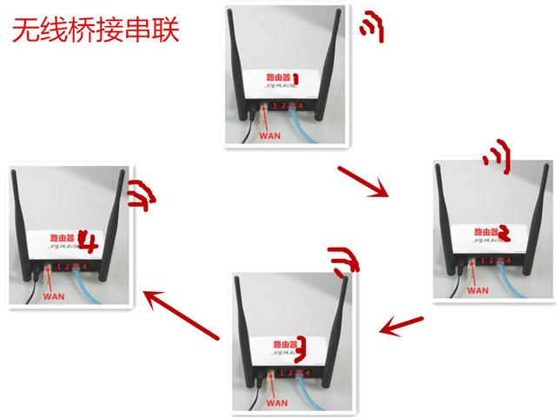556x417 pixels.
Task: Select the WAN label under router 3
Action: tap(277, 403)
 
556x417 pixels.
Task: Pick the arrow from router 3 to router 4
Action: tap(180, 314)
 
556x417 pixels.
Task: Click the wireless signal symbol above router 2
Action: tap(496, 159)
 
